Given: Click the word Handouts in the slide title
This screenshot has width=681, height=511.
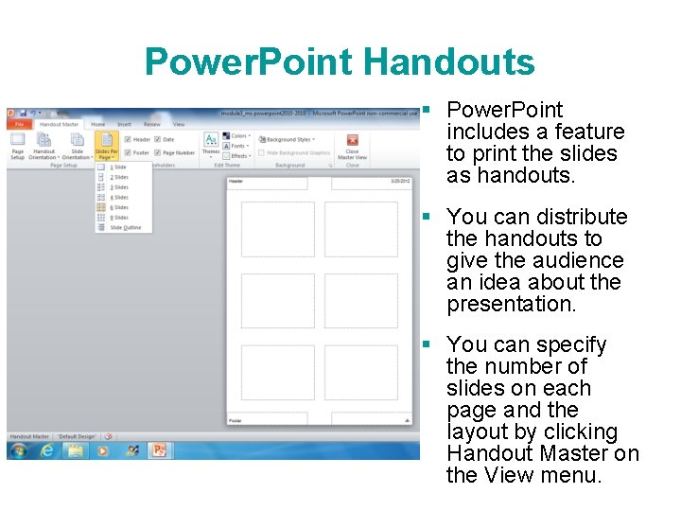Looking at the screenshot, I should click(448, 62).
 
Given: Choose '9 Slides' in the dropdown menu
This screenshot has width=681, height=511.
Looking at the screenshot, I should click(120, 218).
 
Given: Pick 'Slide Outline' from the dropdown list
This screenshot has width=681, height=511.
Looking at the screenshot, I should click(125, 228).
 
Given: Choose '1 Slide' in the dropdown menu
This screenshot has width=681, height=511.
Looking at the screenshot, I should click(119, 167).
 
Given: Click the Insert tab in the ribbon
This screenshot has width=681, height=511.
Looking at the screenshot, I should click(124, 124).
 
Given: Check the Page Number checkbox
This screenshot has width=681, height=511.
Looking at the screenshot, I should click(157, 152).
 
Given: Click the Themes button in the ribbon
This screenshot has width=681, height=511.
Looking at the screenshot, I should click(211, 144).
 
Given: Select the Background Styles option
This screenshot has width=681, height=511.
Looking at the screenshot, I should click(288, 139).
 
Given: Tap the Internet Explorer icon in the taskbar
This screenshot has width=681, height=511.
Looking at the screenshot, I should click(47, 450).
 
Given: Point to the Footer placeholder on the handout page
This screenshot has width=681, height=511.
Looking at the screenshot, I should click(268, 418).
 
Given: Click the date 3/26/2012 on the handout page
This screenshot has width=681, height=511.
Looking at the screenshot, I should click(400, 181).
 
